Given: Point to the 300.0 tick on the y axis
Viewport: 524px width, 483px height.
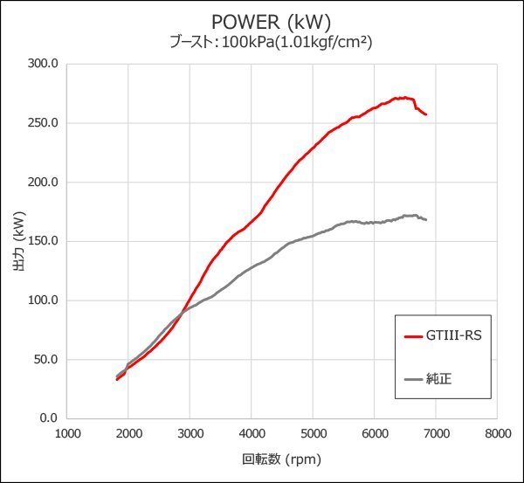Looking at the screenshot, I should [x=43, y=64].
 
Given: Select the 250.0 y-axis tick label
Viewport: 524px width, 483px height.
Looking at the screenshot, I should [x=43, y=123].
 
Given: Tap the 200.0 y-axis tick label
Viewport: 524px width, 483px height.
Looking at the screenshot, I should [x=43, y=183].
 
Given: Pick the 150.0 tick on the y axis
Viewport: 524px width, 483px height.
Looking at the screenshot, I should [x=43, y=241].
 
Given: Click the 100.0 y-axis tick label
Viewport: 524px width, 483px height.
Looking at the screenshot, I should [x=43, y=300].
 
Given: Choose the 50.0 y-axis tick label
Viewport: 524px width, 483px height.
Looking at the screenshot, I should [x=45, y=359].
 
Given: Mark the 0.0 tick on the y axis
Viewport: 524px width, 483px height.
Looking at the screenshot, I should [x=49, y=418].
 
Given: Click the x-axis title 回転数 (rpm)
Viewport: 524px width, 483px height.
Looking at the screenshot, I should [x=281, y=459].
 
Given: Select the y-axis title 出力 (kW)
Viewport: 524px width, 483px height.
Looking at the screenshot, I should [x=18, y=241].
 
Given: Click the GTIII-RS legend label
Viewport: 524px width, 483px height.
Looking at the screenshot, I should [x=452, y=335].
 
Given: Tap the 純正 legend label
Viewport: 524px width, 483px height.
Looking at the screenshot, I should [x=439, y=378].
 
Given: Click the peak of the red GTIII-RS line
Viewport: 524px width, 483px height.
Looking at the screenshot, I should [x=404, y=97].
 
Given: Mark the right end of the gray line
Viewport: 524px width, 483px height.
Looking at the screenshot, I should [x=426, y=219].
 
